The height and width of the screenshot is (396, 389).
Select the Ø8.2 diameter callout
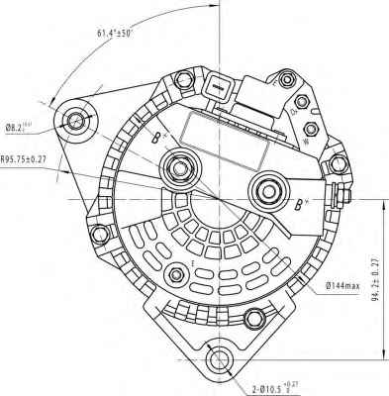(22, 127)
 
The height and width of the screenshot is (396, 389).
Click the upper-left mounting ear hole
(76, 121)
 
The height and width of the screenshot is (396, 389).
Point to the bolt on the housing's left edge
(98, 236)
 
